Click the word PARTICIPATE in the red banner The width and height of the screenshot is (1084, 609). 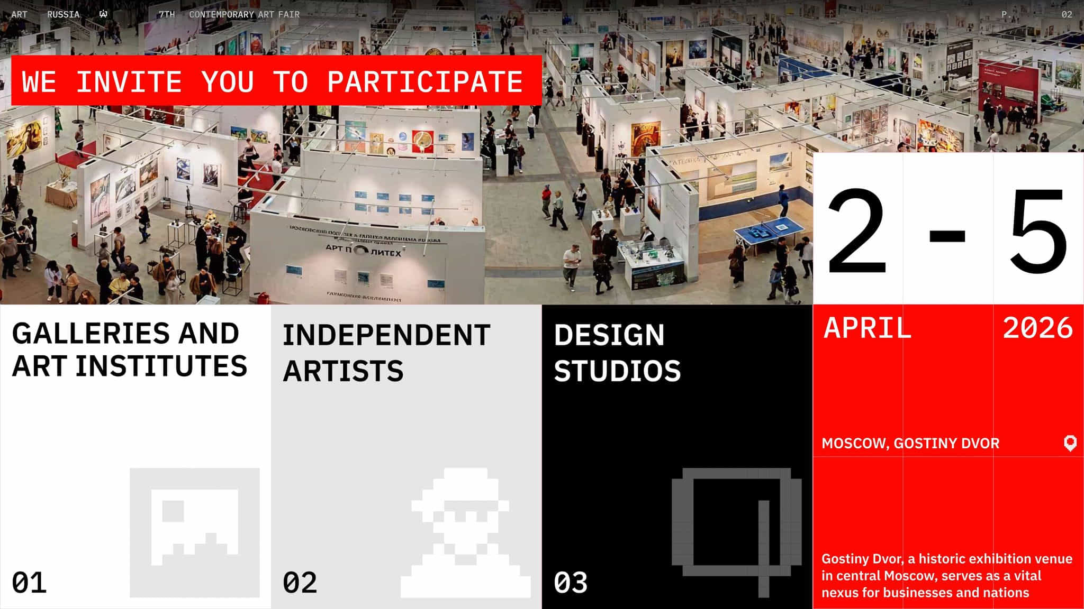point(425,82)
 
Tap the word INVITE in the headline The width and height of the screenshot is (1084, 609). point(129,82)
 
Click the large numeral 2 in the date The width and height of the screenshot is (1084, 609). point(857,231)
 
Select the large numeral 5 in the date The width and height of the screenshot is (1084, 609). point(1038,231)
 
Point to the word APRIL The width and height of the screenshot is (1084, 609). point(868,328)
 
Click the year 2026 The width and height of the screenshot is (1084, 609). point(1037,328)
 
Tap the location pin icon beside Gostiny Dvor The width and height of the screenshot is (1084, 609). point(1070,443)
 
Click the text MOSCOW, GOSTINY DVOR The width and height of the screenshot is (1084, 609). point(910,443)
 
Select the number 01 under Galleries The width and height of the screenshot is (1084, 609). point(29,583)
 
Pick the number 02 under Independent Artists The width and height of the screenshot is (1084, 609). point(300,583)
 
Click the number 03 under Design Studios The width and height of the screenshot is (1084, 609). point(571,583)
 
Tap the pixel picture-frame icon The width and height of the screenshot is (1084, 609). point(194,532)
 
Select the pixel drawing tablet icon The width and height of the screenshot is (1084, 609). point(736,529)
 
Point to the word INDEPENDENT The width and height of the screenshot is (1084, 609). point(386,335)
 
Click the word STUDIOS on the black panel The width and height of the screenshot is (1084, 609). point(617,371)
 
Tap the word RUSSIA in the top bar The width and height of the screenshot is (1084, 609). point(63,14)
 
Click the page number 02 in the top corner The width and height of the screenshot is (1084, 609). point(1067,14)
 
